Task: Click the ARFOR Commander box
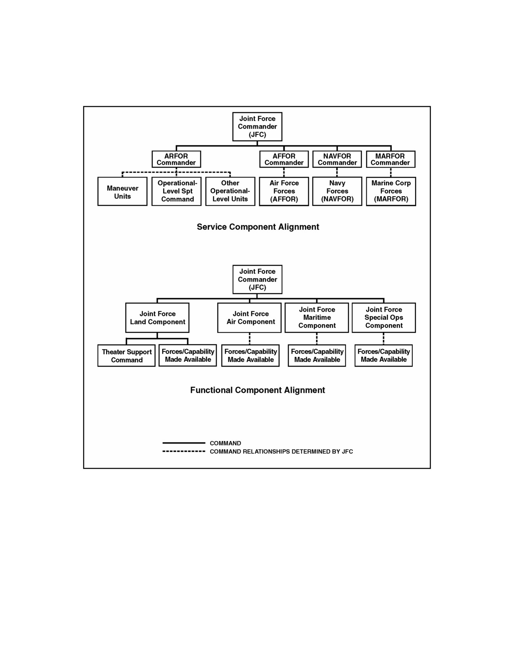[x=176, y=159]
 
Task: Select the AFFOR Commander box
[x=284, y=159]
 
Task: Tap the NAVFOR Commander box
[x=337, y=159]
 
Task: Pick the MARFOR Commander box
[x=391, y=159]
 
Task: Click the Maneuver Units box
[x=123, y=191]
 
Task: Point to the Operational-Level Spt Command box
[x=177, y=191]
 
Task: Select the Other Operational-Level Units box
[x=230, y=191]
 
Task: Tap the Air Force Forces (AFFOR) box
[x=284, y=191]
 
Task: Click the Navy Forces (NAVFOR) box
[x=337, y=191]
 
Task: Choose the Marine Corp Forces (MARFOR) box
[x=391, y=191]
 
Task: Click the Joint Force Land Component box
[x=157, y=318]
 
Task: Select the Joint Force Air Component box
[x=250, y=318]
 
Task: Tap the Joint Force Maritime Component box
[x=317, y=318]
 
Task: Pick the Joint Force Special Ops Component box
[x=384, y=318]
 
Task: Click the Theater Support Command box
[x=127, y=356]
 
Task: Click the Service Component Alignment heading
[x=258, y=227]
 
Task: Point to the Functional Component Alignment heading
[x=258, y=390]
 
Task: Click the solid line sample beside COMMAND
[x=184, y=443]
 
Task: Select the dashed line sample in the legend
[x=184, y=451]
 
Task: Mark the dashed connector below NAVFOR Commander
[x=337, y=172]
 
